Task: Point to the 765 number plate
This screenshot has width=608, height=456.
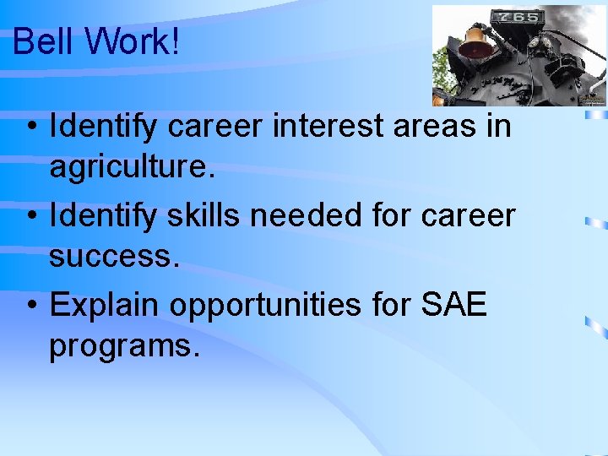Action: point(517,17)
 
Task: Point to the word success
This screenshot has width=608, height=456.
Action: point(114,257)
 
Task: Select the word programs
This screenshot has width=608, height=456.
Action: point(124,345)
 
